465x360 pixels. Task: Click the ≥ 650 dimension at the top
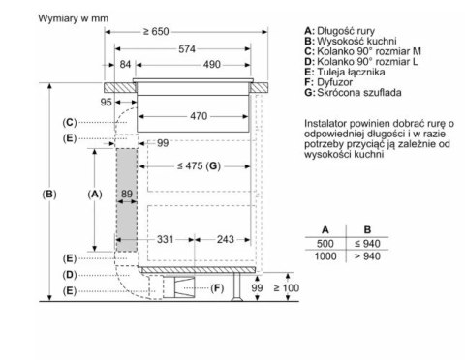(x=156, y=31)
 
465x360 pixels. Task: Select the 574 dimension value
(x=187, y=49)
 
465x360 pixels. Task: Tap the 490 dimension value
(x=212, y=65)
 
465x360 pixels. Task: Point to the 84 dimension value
(x=125, y=65)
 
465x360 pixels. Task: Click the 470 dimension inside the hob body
(x=199, y=116)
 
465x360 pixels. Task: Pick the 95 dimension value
(x=106, y=102)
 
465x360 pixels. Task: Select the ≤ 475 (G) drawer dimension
(x=199, y=166)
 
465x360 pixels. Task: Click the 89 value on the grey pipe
(x=127, y=194)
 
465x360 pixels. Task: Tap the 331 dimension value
(x=166, y=239)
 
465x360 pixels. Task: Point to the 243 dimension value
(x=226, y=239)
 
